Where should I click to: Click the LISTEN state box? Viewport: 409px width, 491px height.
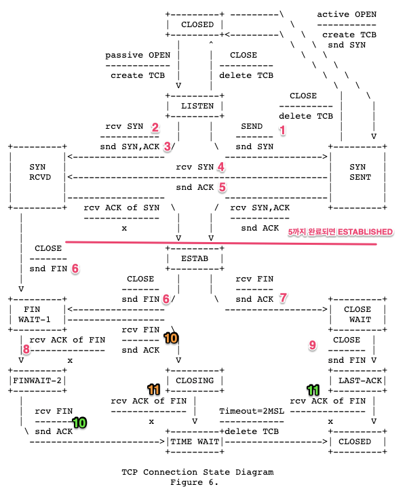[197, 106]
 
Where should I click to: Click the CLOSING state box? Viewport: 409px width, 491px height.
[197, 380]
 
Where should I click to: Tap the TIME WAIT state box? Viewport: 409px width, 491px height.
[197, 441]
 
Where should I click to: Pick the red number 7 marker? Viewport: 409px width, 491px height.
[284, 298]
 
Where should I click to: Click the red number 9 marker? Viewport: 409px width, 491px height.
[312, 345]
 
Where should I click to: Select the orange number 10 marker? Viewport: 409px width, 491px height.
[170, 336]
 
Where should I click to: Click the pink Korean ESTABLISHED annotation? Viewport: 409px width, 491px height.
[340, 232]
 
